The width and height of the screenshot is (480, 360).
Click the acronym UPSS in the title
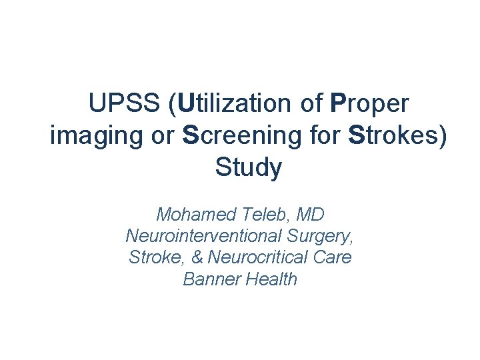coord(125,104)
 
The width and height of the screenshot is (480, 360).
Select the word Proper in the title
coord(369,104)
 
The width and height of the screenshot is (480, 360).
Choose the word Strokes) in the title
coord(398,136)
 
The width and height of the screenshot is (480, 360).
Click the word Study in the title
coord(249,168)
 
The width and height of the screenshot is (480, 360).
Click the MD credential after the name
coord(311,215)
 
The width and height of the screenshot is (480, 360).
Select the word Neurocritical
coord(259,257)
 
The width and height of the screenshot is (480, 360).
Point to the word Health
coord(271,279)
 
